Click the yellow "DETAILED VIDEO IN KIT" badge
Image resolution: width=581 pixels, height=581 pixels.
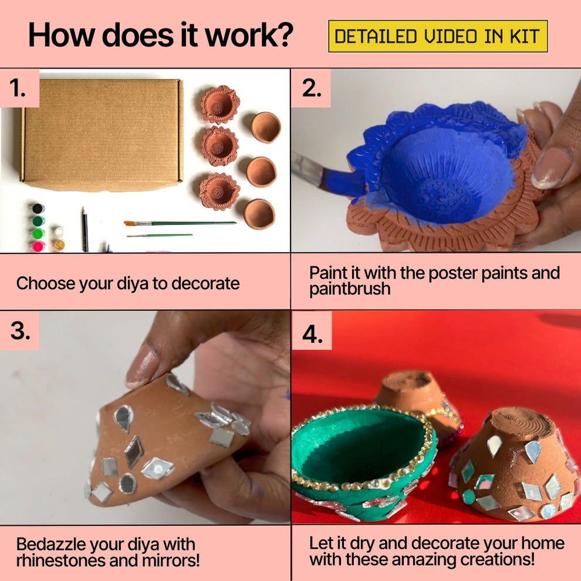click(438, 36)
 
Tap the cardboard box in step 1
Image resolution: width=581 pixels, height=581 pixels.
click(102, 135)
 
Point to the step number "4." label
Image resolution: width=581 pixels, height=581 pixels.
click(312, 335)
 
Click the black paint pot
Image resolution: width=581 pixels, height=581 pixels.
click(38, 208)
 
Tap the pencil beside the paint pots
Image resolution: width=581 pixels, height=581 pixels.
click(85, 229)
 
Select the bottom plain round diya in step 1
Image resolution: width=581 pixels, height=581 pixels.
click(259, 214)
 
